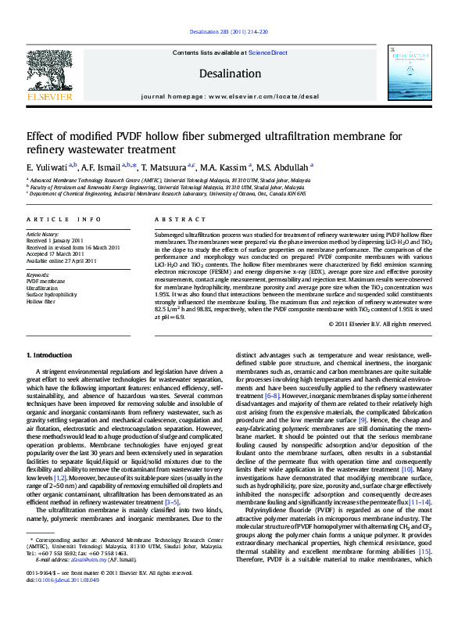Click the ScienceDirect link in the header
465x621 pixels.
pos(268,52)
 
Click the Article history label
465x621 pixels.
pos(44,234)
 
